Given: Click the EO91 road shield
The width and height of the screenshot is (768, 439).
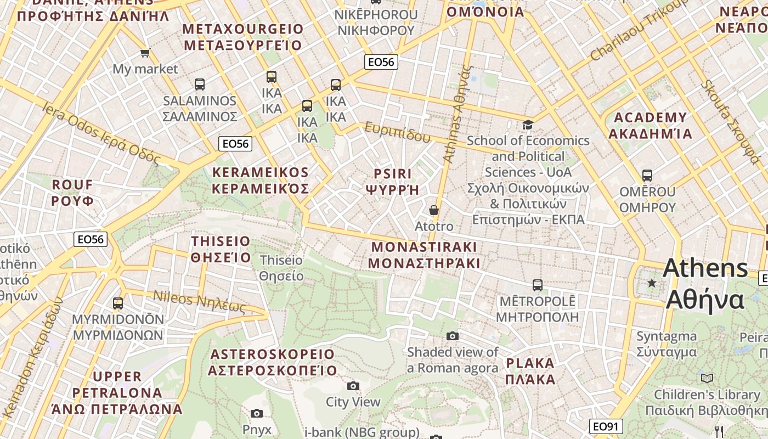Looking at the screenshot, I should (x=606, y=426).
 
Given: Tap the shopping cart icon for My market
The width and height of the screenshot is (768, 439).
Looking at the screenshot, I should (x=145, y=53).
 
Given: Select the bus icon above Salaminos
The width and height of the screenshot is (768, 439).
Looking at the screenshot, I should (x=200, y=85).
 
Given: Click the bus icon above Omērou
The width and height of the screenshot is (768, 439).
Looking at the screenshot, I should (x=647, y=176).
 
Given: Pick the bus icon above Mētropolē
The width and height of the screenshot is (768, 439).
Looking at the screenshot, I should (x=537, y=285).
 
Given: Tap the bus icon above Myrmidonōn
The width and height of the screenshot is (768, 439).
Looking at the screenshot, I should (x=118, y=303).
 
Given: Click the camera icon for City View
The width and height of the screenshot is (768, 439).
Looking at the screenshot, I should (x=353, y=386).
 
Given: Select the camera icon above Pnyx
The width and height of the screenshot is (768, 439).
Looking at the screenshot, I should (x=256, y=413).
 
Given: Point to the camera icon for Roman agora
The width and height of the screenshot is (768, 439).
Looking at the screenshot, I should (x=453, y=336).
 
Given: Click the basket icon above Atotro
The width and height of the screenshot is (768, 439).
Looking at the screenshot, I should (x=434, y=210).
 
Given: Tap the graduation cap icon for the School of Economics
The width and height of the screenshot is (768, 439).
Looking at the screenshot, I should (x=528, y=125).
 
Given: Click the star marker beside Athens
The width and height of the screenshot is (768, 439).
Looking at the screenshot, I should (x=652, y=283).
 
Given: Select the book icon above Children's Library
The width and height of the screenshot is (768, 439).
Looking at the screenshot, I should (x=707, y=378).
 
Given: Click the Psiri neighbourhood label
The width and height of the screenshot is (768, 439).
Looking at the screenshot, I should (x=392, y=182).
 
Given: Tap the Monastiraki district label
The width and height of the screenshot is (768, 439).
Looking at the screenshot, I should (x=423, y=255).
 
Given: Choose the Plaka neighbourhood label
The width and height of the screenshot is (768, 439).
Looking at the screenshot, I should (x=530, y=371).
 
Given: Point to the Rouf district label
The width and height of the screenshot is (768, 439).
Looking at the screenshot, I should (x=72, y=192).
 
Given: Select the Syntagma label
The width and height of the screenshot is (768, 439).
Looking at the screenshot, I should (x=667, y=344).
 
